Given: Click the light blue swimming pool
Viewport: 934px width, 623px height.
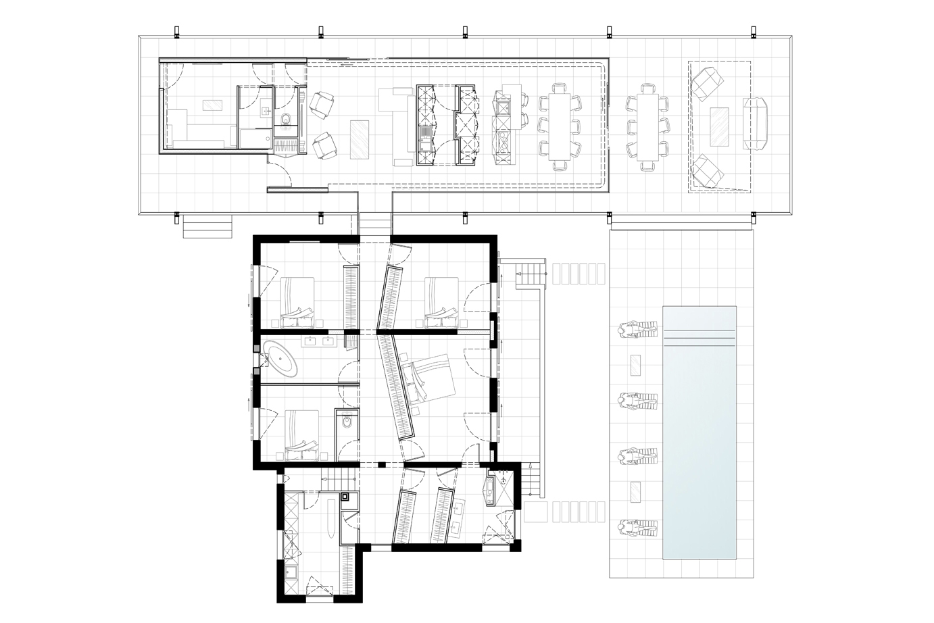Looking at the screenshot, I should coord(699,432).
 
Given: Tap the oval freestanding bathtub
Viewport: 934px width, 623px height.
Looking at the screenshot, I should coord(280,357).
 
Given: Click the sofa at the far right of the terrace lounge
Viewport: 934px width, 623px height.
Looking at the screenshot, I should coord(756,124).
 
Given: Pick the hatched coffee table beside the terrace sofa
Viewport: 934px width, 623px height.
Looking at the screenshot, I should coord(719,126).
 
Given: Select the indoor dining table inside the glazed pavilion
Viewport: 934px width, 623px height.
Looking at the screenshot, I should coord(560,126).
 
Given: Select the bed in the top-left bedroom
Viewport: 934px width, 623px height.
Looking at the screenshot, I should coord(297,297).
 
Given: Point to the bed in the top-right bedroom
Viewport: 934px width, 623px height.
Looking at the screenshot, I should coord(440,297).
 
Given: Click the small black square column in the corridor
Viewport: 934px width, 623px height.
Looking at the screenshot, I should coord(383,464).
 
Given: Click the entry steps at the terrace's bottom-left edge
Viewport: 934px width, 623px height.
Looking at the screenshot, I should coord(207,228).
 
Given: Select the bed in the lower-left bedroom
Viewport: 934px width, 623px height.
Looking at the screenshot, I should coord(301,430).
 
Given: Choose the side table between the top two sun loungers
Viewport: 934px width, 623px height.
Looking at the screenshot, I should coord(635,366).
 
